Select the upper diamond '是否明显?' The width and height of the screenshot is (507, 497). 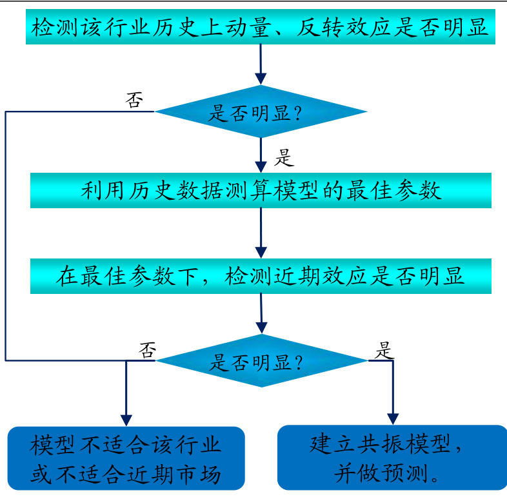coord(261,112)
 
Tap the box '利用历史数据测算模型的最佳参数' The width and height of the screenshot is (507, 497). coord(261,191)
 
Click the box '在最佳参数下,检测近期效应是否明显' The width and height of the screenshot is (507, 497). coord(261,277)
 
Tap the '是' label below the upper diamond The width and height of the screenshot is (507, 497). coord(284,157)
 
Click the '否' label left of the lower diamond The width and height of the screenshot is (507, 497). coord(148,349)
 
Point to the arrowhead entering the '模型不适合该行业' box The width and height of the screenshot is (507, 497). coord(126,419)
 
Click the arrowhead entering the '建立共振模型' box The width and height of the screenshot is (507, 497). coord(392,419)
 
